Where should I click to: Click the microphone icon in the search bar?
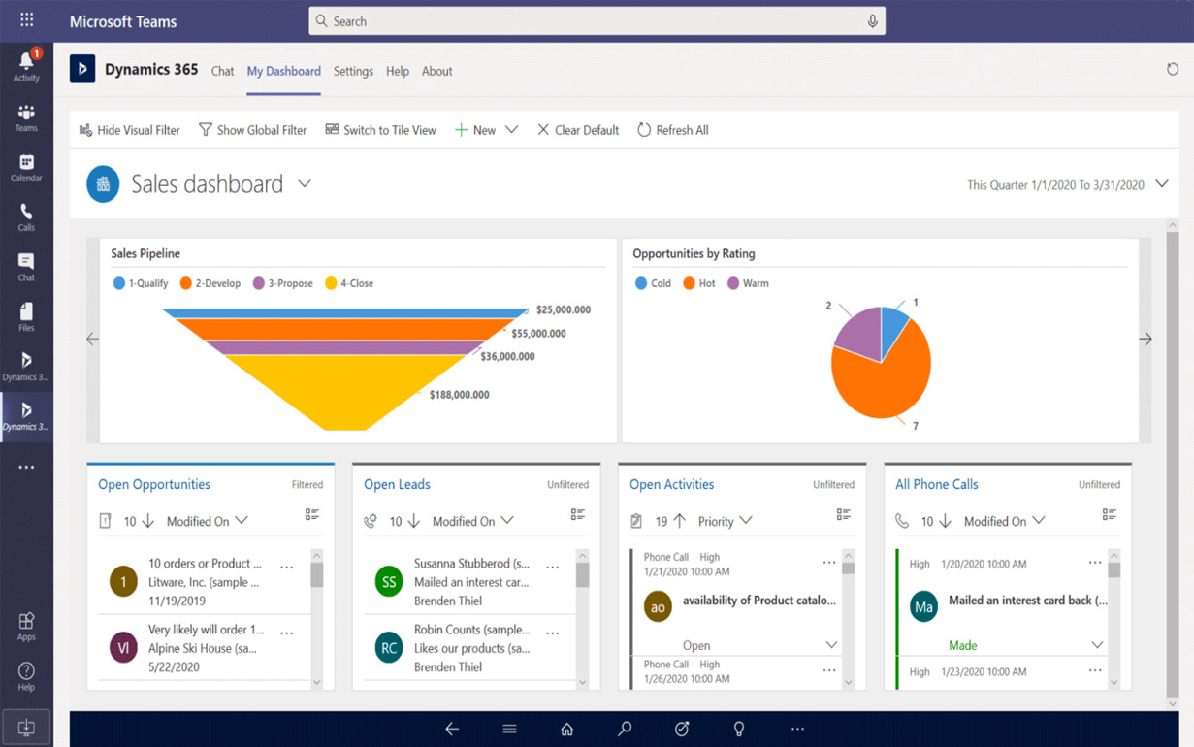[872, 21]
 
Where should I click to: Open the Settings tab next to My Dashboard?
[353, 71]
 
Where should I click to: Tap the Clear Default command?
[578, 130]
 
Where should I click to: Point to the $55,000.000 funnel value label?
[538, 334]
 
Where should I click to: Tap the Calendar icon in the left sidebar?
[26, 167]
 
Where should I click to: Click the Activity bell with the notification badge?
[26, 65]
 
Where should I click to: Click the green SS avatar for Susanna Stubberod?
[389, 582]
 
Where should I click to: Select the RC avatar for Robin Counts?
[389, 648]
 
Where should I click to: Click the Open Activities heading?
[671, 484]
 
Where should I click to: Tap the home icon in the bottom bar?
[566, 729]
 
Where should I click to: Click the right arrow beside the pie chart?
[1145, 340]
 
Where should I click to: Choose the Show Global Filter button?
[252, 130]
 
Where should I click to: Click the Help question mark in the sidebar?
[26, 675]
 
